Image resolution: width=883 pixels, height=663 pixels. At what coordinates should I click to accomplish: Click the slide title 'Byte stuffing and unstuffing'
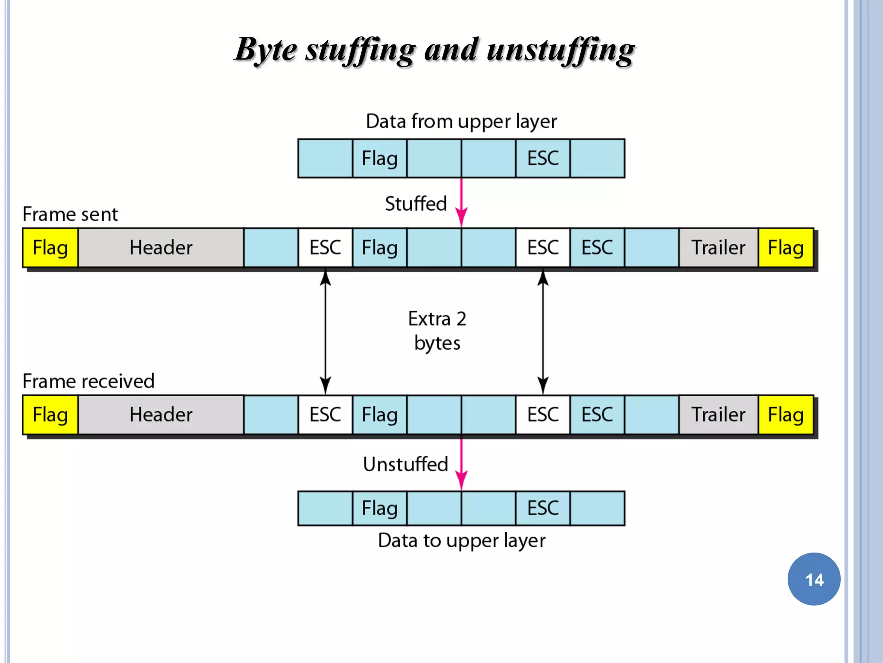tap(435, 50)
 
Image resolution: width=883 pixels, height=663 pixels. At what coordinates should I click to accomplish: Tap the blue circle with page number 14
tap(814, 579)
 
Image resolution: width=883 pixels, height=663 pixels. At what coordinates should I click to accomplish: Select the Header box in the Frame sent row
tap(161, 248)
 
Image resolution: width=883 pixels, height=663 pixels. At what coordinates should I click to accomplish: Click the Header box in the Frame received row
tap(161, 415)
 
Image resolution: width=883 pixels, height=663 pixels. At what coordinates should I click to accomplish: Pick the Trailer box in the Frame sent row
tap(718, 248)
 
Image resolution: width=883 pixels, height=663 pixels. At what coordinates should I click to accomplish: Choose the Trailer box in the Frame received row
tap(718, 415)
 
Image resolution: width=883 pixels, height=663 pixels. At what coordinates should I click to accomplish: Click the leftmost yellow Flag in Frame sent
tap(50, 248)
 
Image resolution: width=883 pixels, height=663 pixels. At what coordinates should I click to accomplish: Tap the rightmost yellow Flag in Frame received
tap(786, 415)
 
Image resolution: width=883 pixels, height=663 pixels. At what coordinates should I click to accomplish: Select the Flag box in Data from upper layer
tap(379, 158)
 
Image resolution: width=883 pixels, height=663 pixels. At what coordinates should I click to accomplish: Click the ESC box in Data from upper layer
tap(543, 158)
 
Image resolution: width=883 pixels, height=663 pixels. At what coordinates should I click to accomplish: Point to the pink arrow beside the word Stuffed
tap(461, 203)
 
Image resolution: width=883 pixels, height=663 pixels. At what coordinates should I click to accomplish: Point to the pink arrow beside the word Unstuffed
tap(461, 464)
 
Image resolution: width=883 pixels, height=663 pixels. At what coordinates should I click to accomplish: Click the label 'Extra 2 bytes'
tap(437, 331)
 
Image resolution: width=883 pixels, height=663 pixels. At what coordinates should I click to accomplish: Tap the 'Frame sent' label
tap(70, 214)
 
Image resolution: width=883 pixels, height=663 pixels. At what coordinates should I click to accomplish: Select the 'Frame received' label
tap(88, 381)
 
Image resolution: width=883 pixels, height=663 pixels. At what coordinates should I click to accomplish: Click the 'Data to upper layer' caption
tap(461, 540)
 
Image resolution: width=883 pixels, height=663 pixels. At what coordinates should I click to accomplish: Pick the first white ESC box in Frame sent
tap(325, 248)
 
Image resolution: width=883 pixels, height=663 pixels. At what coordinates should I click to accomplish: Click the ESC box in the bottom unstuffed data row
tap(543, 508)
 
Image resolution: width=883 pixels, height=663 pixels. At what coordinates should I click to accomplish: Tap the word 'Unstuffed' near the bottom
tap(405, 464)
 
